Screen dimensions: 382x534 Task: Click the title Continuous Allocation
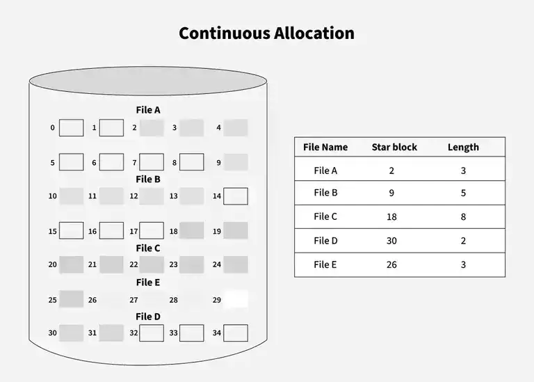pos(266,33)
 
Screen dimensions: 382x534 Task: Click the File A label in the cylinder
pos(148,110)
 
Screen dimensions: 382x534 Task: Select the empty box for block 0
pos(71,127)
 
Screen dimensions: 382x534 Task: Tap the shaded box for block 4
pos(236,127)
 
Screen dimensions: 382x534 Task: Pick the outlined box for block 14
pos(236,196)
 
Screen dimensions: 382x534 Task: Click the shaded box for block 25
pos(71,300)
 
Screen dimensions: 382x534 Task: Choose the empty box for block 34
pos(236,333)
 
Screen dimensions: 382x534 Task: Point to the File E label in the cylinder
pos(148,282)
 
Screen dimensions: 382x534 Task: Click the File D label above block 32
pos(148,317)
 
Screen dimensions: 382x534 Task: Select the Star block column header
pos(394,147)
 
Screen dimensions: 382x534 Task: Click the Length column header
pos(463,147)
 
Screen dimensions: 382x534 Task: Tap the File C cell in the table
pos(325,216)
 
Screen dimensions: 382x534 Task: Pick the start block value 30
pos(392,241)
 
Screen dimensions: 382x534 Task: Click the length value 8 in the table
pos(463,216)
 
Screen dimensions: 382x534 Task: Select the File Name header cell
pos(325,147)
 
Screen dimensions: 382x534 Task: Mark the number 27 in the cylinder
pos(133,301)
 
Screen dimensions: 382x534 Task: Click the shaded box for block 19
pos(236,230)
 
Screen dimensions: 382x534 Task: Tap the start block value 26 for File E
pos(392,264)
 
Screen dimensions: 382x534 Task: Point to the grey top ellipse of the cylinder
pos(148,81)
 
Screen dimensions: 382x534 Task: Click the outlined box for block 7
pos(152,162)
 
